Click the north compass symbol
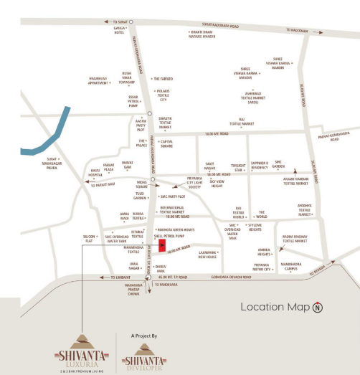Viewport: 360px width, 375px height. pos(318,308)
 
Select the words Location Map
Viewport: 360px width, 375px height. pos(275,308)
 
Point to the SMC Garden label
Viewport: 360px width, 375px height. pos(285,163)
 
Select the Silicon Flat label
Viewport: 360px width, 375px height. pos(89,238)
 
